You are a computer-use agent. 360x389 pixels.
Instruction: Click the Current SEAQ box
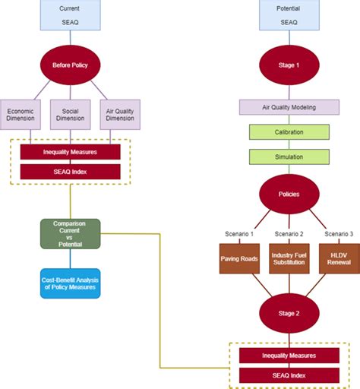pos(71,16)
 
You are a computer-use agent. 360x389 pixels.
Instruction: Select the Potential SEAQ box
pos(289,16)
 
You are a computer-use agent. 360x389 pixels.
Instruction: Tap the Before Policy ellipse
pos(71,65)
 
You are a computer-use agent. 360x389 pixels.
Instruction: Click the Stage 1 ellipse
pos(289,65)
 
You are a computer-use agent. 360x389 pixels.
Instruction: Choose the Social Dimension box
pos(71,113)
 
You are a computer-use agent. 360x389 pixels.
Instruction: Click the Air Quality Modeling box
pos(289,107)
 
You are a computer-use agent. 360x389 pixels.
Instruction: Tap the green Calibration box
pos(289,132)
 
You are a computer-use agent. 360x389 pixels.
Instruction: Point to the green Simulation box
pos(289,157)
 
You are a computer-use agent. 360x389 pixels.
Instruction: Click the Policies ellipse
pos(289,194)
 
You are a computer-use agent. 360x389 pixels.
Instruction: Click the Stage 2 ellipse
pos(289,312)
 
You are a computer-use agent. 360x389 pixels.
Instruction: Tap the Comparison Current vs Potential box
pos(71,233)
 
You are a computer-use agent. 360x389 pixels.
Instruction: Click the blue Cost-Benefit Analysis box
pos(71,283)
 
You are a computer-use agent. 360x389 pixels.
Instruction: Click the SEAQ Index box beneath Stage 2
pos(289,375)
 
